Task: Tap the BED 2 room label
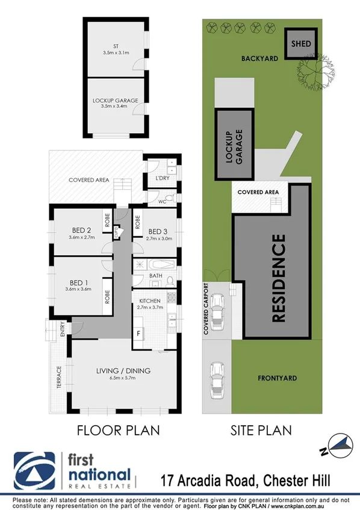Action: coord(80,230)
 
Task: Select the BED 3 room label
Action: coord(157,232)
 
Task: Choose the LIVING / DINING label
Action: coord(122,370)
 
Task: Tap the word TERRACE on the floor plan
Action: coord(59,378)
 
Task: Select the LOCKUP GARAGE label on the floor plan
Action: coord(116,101)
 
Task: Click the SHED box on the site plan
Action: coord(300,44)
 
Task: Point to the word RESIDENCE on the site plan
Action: coord(279,279)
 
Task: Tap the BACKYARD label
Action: coord(259,59)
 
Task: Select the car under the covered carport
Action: coord(217,307)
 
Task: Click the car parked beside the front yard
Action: coord(216,381)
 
